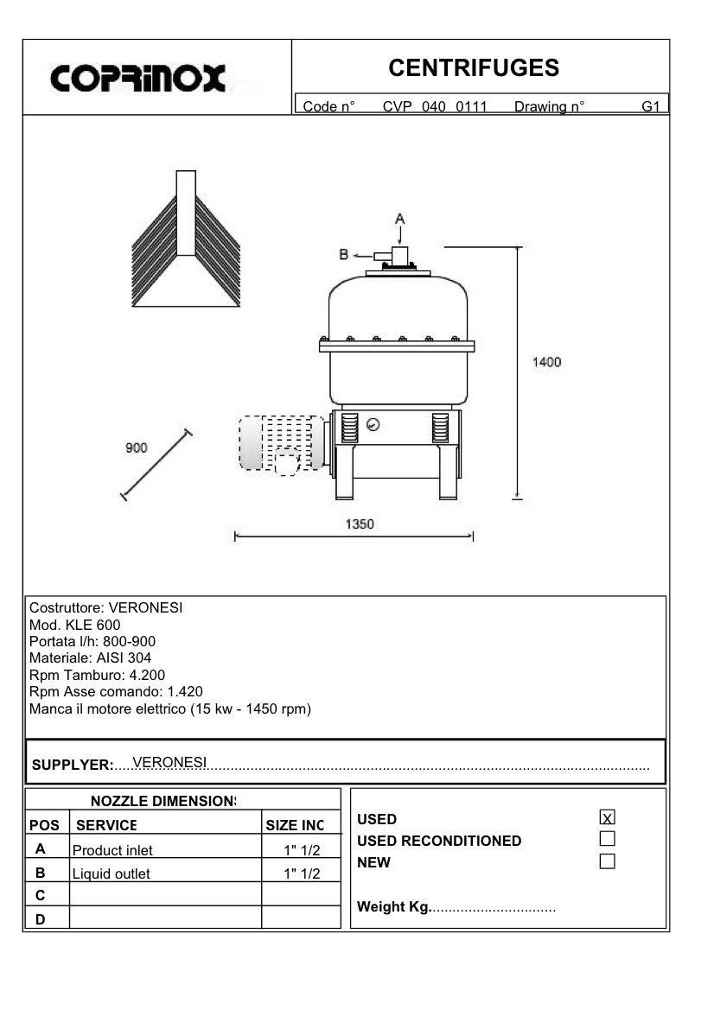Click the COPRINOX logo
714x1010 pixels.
(x=138, y=78)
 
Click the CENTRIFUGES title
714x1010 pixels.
(x=474, y=67)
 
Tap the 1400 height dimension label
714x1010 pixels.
(x=545, y=362)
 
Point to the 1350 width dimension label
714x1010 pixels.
(x=360, y=524)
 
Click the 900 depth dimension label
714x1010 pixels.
(x=137, y=448)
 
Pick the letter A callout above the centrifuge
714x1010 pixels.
(x=399, y=218)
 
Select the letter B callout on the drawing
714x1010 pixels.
(x=343, y=254)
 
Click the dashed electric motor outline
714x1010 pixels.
(x=282, y=443)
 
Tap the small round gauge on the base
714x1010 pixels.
(x=373, y=424)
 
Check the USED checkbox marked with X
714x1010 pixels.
(x=607, y=817)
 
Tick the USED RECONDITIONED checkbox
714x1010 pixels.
(x=607, y=838)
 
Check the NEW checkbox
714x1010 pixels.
(x=607, y=861)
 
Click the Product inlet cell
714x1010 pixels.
(x=112, y=850)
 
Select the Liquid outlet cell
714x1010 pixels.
(x=111, y=873)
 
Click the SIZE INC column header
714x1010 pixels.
(x=295, y=825)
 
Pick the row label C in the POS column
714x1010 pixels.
(x=40, y=895)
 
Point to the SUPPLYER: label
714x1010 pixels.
(x=73, y=765)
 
